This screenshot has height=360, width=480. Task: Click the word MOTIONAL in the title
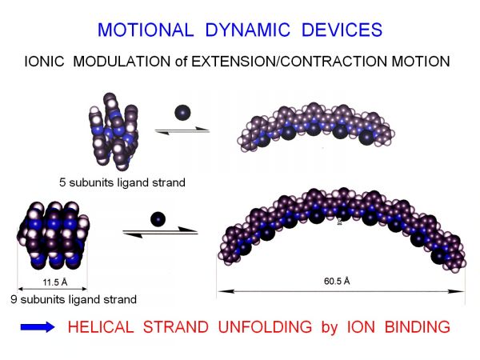point(146,30)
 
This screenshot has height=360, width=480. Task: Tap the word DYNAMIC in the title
point(248,30)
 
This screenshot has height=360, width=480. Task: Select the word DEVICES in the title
point(342,30)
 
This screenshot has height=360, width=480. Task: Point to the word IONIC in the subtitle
point(44,62)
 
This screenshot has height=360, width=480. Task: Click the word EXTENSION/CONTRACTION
point(290,62)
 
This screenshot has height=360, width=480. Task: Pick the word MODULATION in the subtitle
point(122,62)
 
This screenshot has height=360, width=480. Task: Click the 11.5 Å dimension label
point(55,282)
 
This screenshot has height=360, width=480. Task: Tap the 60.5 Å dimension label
point(337,281)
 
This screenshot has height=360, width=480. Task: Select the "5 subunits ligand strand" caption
point(122,182)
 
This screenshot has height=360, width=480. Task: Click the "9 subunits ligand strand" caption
point(74,299)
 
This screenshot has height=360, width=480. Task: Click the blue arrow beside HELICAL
point(38,327)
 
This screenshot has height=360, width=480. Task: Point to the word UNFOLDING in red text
point(265,326)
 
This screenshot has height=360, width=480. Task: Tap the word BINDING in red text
point(418,326)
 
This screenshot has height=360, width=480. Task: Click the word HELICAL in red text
point(101,326)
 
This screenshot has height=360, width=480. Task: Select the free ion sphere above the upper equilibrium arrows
point(182,113)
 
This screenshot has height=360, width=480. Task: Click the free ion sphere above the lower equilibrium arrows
point(158,219)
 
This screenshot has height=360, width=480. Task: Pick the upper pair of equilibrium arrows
point(182,130)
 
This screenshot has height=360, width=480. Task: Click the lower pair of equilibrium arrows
point(161,232)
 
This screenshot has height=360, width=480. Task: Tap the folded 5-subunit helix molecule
point(114,132)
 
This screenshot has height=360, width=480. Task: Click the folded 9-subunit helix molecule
point(54,235)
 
